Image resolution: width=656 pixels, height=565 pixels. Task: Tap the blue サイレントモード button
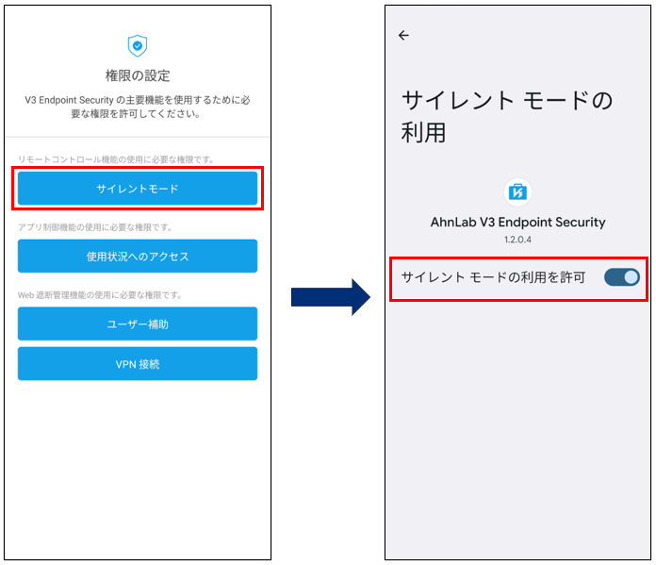click(x=138, y=189)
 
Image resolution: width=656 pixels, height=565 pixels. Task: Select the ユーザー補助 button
click(x=138, y=324)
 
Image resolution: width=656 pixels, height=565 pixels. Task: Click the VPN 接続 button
click(x=138, y=363)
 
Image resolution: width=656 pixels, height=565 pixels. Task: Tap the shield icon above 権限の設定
click(x=138, y=45)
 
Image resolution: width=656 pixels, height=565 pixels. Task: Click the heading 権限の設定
click(x=138, y=75)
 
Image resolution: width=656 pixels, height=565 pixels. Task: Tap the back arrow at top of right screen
click(x=403, y=35)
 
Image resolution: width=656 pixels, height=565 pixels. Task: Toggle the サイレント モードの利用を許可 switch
click(x=622, y=277)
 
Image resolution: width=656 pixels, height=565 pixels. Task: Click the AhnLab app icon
click(x=517, y=192)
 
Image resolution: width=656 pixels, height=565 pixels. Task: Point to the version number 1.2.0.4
click(x=517, y=240)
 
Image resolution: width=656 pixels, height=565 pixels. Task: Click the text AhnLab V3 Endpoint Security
click(x=518, y=222)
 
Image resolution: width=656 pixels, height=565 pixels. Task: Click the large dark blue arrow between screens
click(x=331, y=297)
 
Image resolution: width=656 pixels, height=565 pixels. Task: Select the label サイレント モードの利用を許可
click(x=493, y=277)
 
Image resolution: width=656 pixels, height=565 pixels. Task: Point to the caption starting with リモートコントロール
click(x=116, y=159)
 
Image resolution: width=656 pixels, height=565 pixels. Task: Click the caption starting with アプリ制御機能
click(x=95, y=227)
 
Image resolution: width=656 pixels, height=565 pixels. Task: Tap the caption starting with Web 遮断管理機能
click(x=100, y=295)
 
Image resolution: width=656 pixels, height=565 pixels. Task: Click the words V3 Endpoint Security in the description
click(x=69, y=100)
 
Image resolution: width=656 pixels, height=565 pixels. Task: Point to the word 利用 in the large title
click(x=423, y=133)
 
